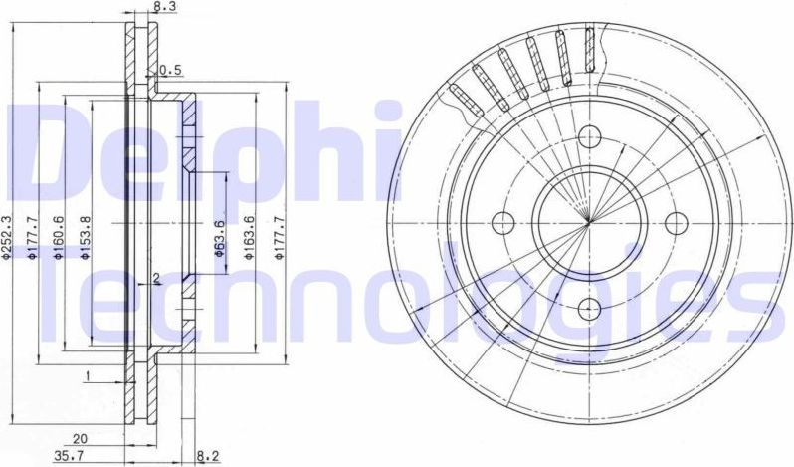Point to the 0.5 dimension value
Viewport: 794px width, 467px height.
[170, 70]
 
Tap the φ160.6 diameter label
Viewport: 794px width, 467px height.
[59, 238]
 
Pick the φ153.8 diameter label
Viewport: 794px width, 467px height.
[86, 238]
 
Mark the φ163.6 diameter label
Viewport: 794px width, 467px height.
[251, 238]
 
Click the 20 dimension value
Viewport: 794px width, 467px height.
[79, 436]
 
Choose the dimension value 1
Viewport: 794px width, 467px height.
[89, 375]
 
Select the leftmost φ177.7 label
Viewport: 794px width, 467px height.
[33, 238]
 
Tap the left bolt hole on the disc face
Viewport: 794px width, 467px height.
[503, 221]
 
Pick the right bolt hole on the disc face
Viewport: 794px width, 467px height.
[676, 221]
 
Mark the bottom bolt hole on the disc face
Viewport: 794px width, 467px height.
[589, 307]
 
